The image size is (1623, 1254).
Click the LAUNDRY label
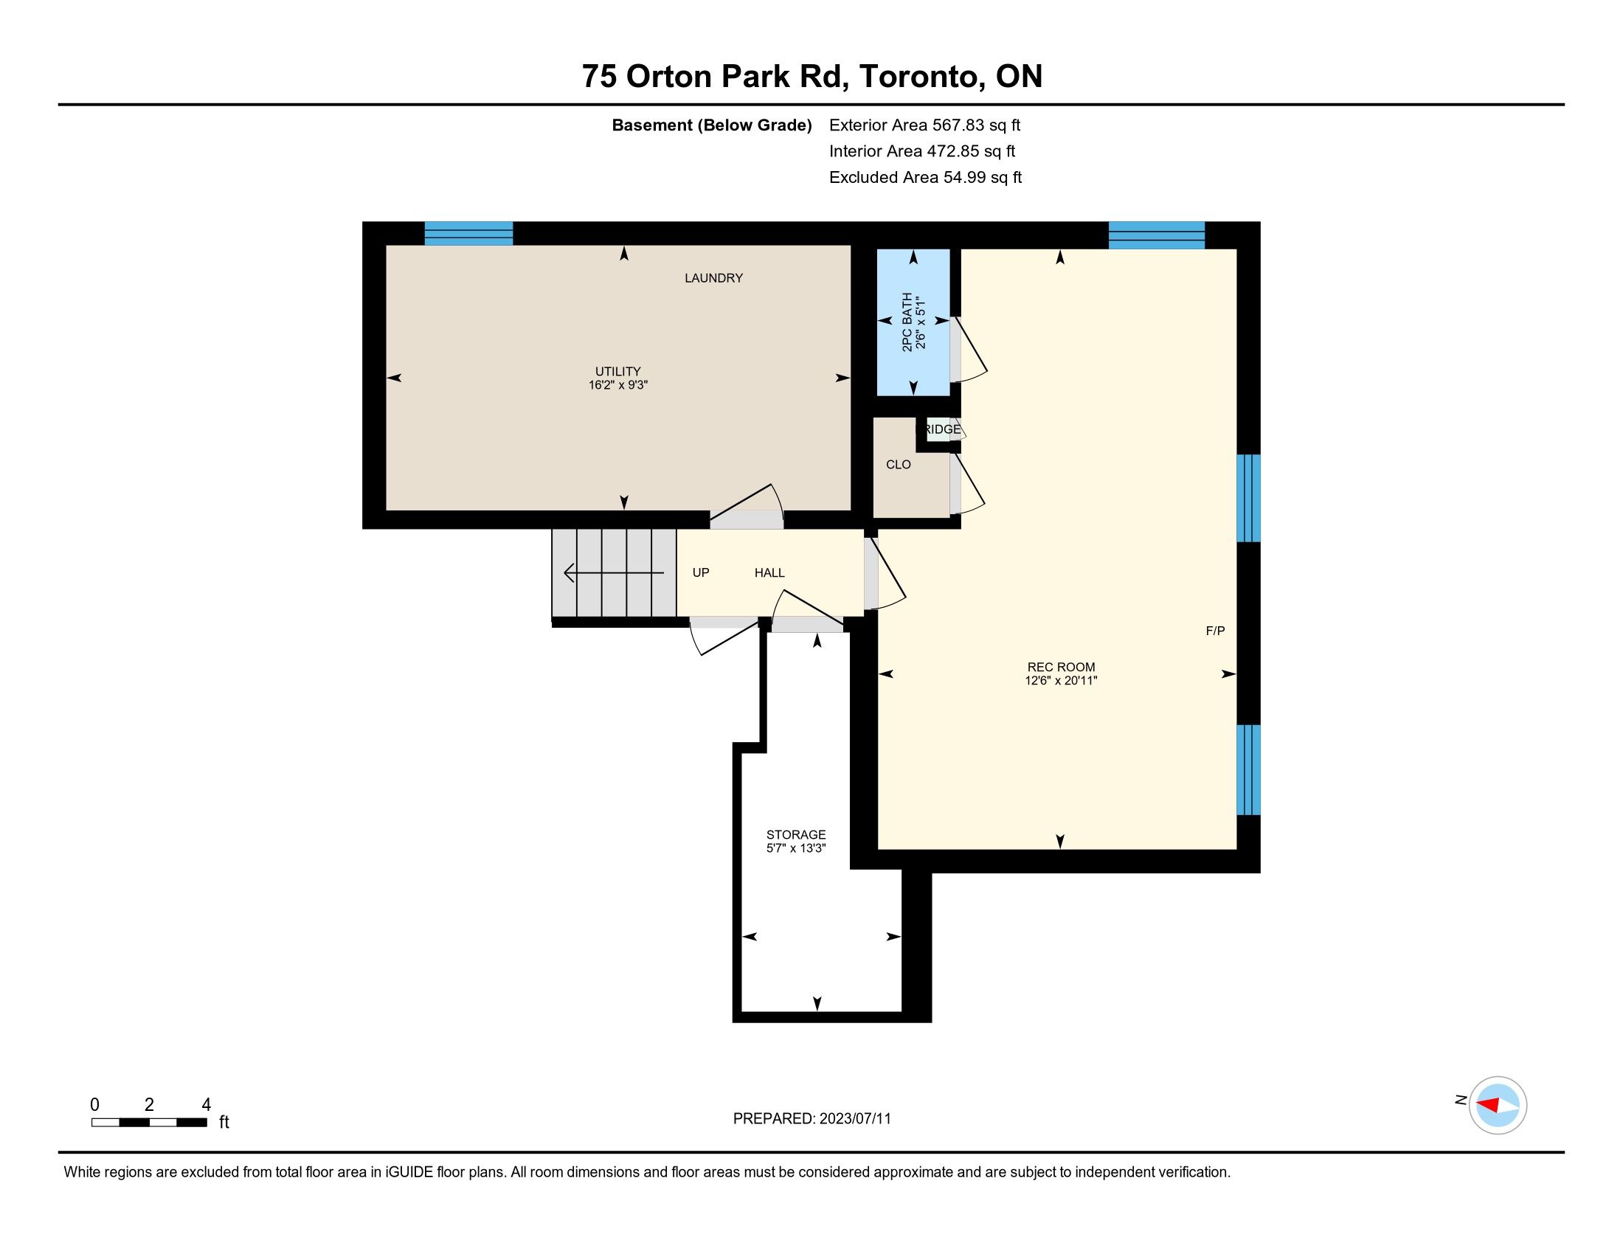[x=713, y=278]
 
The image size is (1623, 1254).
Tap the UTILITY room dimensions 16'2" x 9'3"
[x=618, y=385]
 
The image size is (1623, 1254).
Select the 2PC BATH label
[x=907, y=322]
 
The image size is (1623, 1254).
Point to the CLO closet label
[x=899, y=464]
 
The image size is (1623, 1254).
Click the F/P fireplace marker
[x=1215, y=631]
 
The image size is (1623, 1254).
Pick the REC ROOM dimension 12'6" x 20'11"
[x=1061, y=680]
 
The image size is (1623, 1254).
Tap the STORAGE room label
[x=796, y=834]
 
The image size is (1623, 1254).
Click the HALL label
[x=769, y=572]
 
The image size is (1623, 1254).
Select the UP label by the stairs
[x=701, y=572]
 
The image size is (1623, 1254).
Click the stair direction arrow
[x=614, y=572]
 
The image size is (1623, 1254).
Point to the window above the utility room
[x=468, y=233]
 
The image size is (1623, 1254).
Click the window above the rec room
[x=1156, y=235]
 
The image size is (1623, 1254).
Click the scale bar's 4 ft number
[x=207, y=1105]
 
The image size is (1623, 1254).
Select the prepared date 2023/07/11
[x=854, y=1119]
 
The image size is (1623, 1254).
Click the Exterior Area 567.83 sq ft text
[x=924, y=125]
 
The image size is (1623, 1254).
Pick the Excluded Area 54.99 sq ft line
[x=925, y=178]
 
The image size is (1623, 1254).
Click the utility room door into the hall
[x=747, y=507]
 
